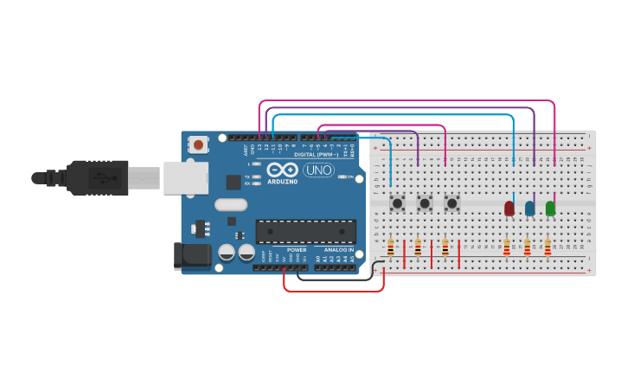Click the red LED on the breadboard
tap(509, 208)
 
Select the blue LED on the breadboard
tap(529, 208)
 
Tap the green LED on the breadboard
tap(550, 208)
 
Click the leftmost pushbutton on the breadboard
tap(398, 203)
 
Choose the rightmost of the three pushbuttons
tap(451, 203)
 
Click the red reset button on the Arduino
tap(198, 145)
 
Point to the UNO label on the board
tap(318, 170)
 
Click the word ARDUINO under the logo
tap(283, 182)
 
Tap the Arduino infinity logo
tap(283, 170)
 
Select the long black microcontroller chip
tap(305, 231)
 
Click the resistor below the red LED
tap(507, 248)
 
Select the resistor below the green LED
tap(547, 248)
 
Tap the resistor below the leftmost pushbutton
tap(391, 248)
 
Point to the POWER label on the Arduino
tap(297, 250)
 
